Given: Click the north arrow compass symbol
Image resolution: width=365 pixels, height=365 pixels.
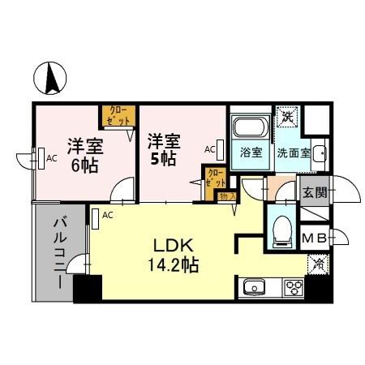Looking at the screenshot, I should (x=48, y=79).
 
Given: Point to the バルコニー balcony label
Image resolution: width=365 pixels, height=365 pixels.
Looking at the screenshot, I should (x=60, y=251).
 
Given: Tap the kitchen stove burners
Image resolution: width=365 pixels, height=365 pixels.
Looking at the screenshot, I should (x=293, y=286).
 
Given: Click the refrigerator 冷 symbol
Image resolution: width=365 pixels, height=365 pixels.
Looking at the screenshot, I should (x=318, y=263).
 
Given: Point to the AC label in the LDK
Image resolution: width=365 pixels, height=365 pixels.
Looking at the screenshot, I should (x=107, y=215).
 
